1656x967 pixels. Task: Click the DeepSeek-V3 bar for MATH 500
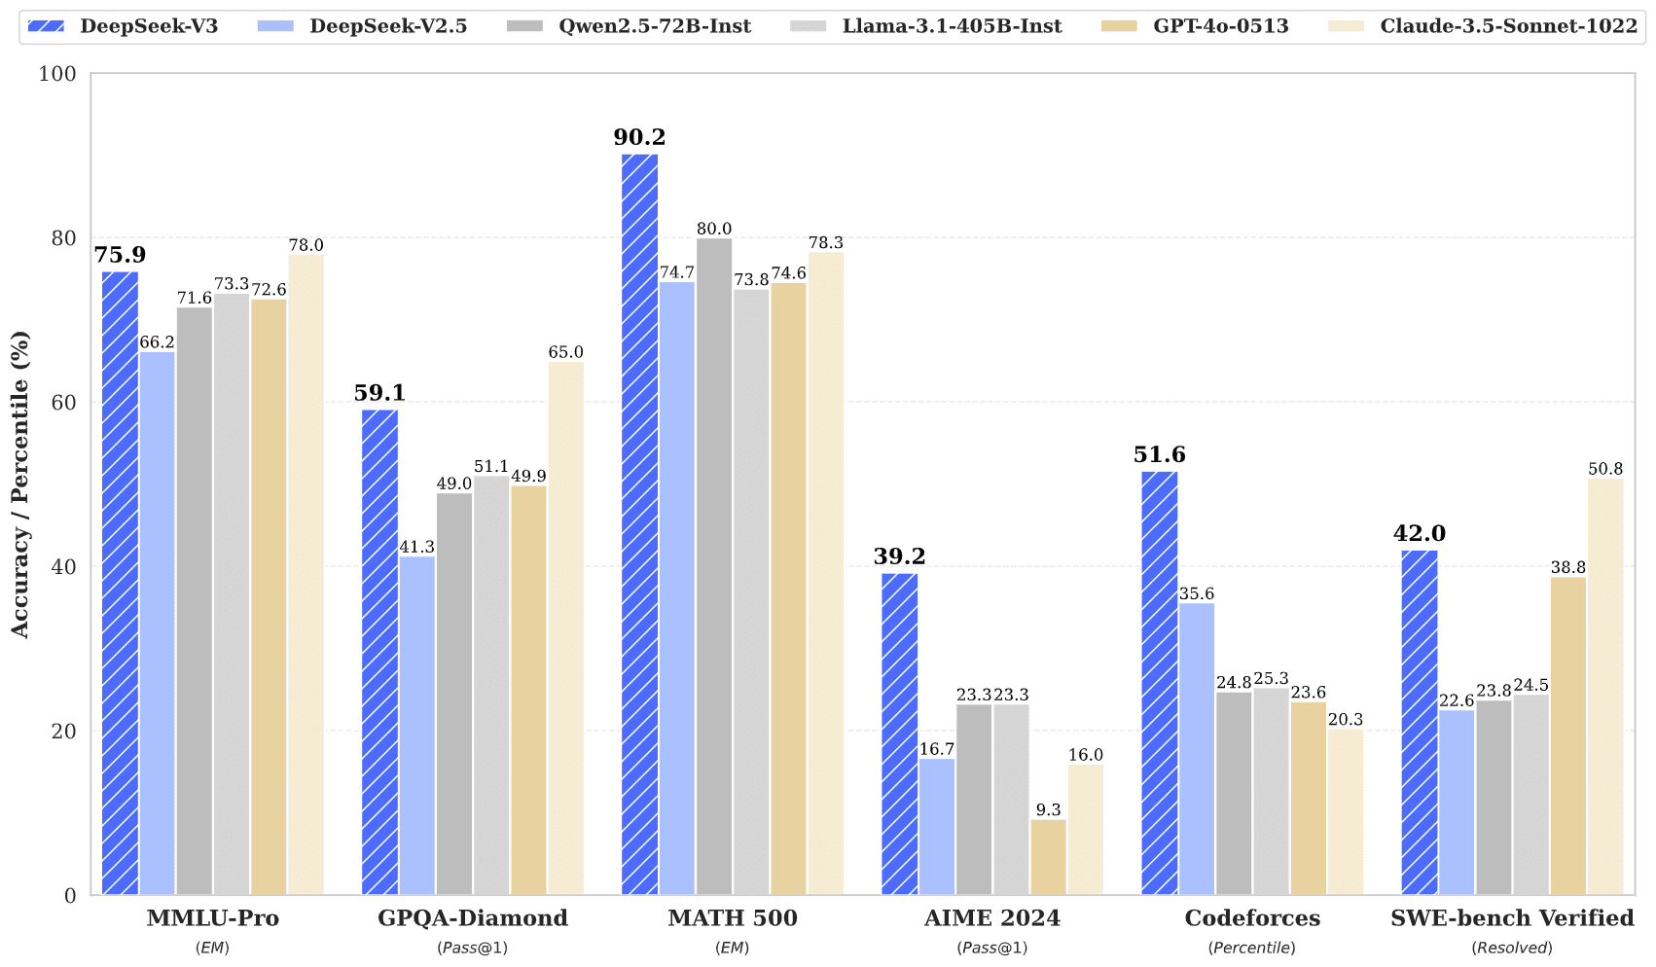(x=639, y=525)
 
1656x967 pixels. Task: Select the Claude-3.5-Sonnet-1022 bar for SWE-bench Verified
(x=1605, y=687)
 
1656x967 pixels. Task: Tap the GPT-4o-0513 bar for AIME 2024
(x=1048, y=857)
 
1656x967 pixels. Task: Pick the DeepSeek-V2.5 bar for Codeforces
(x=1197, y=749)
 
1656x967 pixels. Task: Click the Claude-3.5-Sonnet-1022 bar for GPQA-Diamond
(x=565, y=628)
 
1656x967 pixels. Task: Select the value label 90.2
(x=639, y=138)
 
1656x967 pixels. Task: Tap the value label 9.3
(x=1048, y=810)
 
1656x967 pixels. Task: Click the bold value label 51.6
(x=1159, y=455)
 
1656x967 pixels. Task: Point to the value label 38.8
(x=1567, y=568)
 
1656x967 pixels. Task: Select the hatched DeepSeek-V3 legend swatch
(x=47, y=26)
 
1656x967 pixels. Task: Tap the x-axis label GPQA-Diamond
(x=472, y=918)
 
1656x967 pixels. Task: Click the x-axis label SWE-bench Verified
(x=1511, y=918)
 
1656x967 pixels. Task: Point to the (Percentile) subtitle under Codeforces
(x=1251, y=948)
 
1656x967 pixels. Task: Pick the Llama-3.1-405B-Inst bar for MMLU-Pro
(x=232, y=594)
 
